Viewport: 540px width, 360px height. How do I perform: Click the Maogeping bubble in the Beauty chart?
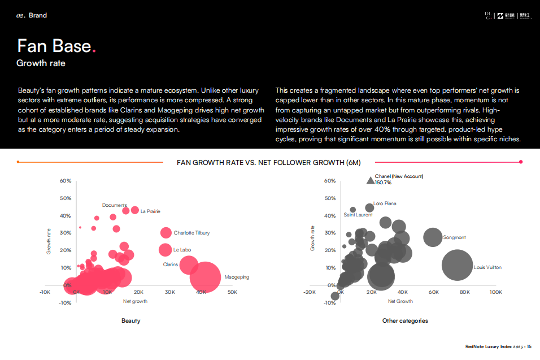tap(205, 276)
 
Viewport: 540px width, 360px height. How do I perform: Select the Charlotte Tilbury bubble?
tap(166, 233)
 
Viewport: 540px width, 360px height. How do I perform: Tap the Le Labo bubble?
tap(165, 250)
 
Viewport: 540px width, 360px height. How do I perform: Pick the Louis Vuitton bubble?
tap(456, 267)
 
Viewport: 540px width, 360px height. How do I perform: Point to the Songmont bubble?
tap(433, 237)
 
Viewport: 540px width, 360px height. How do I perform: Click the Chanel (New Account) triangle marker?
tap(370, 180)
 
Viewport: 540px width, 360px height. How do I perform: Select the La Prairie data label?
tap(150, 211)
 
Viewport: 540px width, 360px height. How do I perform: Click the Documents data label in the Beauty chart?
tap(114, 205)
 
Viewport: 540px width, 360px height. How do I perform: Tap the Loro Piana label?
tap(385, 203)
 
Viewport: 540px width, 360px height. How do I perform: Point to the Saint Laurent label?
tap(358, 215)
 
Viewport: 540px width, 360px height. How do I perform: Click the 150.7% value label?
tap(383, 183)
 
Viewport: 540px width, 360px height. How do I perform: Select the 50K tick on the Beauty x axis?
tap(232, 292)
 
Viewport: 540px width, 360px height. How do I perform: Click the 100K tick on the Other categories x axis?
tap(495, 292)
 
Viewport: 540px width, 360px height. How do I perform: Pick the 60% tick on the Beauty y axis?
tap(66, 181)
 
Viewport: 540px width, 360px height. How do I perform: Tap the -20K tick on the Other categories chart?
tap(309, 292)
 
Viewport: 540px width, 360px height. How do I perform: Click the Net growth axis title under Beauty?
tap(135, 301)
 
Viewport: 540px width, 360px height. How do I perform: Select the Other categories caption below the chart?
tap(405, 321)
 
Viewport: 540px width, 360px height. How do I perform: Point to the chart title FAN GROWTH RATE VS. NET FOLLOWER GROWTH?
tap(268, 163)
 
